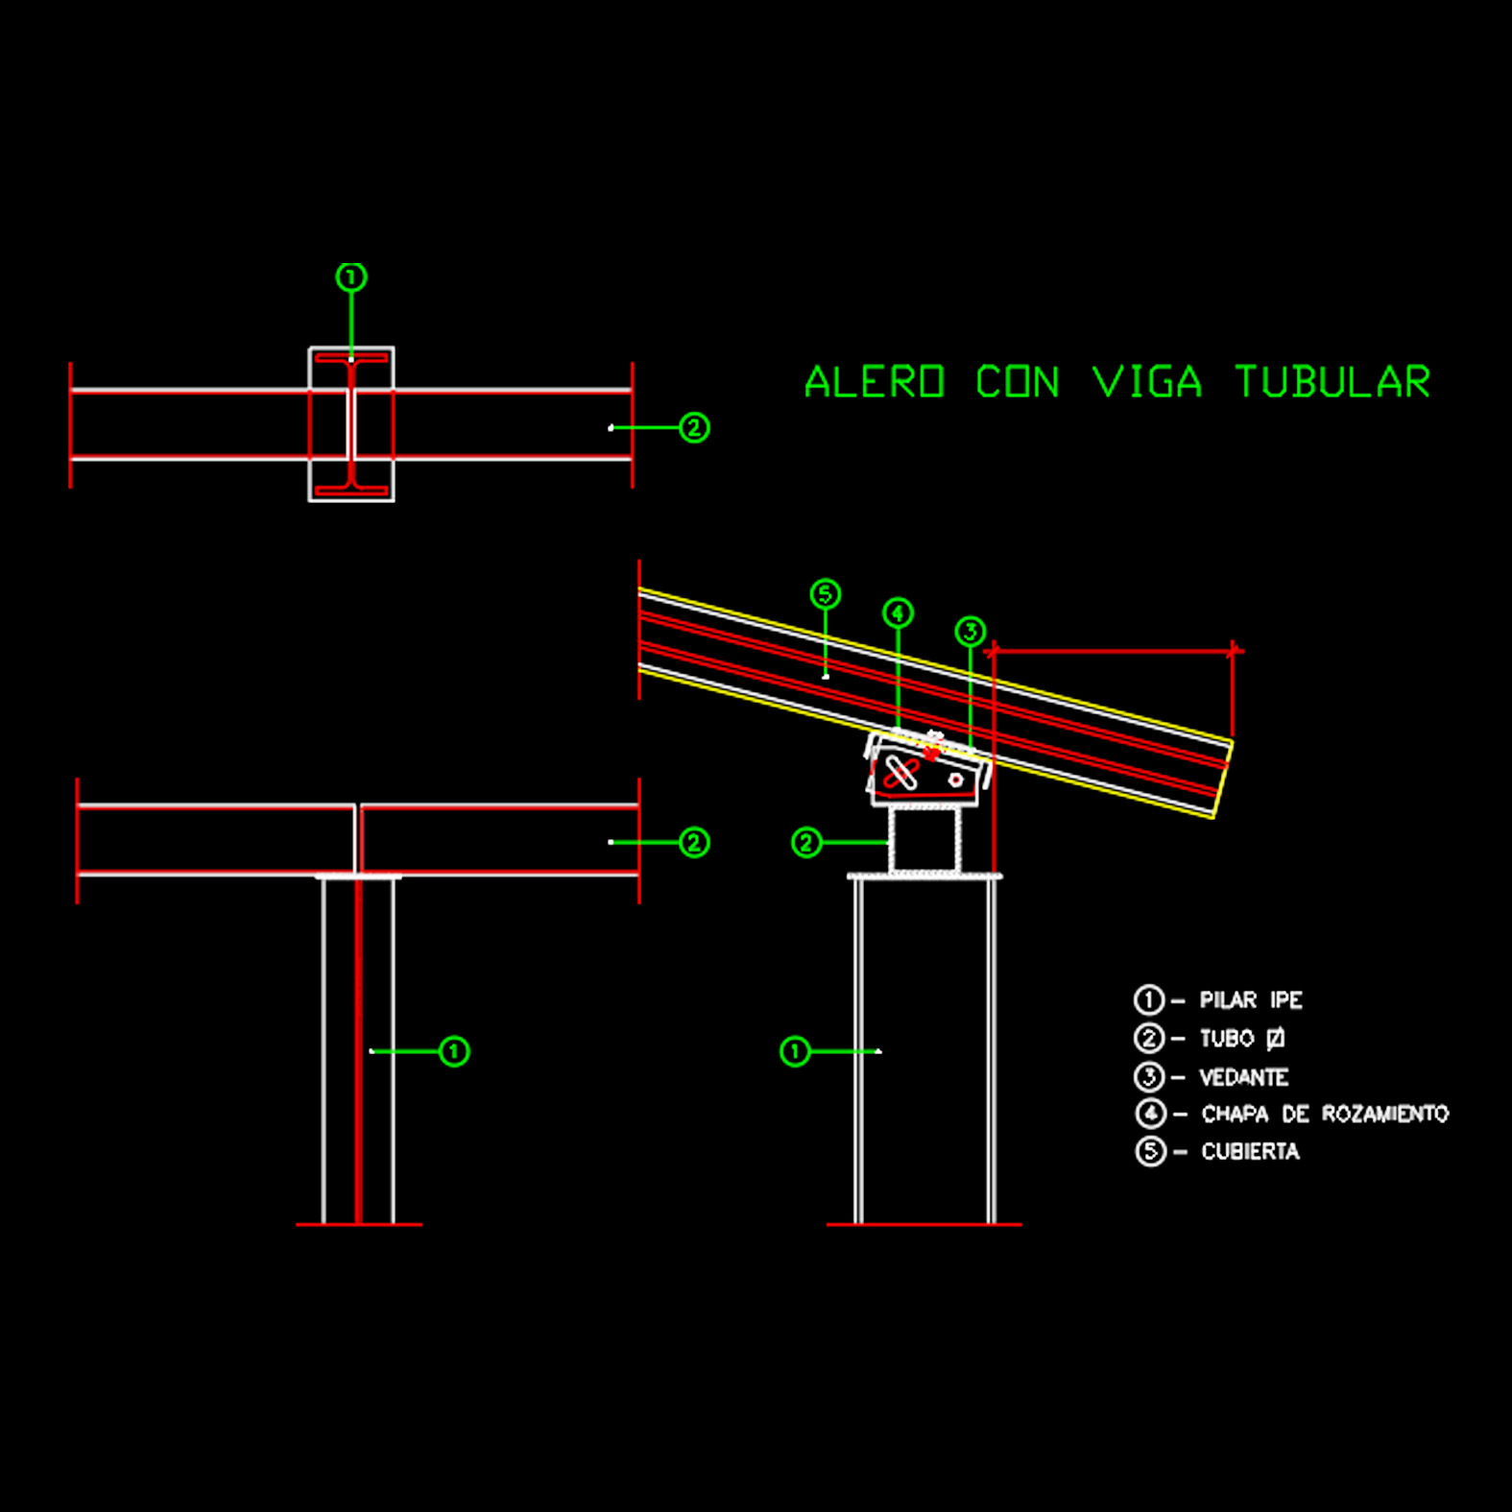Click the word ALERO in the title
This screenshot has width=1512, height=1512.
875,382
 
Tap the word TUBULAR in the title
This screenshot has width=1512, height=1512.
1332,382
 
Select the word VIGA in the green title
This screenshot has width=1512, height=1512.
1147,382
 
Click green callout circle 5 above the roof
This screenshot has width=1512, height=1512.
826,594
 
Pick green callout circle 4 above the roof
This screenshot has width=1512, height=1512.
898,612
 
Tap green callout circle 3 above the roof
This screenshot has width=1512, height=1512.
971,631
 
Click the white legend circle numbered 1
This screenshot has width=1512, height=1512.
1148,1000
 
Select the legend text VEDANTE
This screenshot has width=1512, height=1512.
1243,1077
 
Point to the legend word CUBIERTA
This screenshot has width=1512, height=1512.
1250,1151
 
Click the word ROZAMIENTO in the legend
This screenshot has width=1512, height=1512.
1384,1114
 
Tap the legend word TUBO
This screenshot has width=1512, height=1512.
1227,1039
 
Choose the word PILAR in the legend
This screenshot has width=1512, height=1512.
1228,1000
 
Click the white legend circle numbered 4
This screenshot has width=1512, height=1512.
1150,1114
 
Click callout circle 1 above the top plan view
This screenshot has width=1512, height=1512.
351,277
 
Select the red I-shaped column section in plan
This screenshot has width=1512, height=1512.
351,423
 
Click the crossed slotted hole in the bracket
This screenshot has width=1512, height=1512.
900,773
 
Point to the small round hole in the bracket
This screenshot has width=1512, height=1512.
955,780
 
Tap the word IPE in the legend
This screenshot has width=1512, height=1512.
1285,1000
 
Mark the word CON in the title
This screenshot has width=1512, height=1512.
1018,382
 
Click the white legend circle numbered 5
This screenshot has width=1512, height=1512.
1150,1151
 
